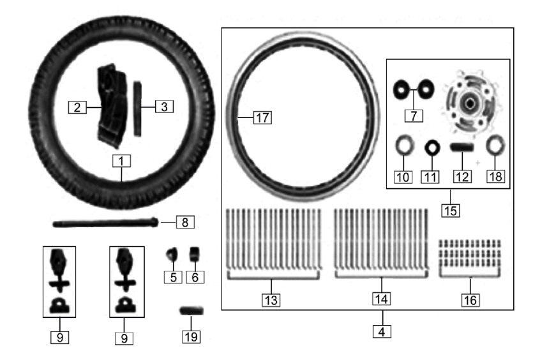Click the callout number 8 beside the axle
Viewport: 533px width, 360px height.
pos(185,222)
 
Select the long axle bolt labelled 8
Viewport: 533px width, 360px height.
pos(105,223)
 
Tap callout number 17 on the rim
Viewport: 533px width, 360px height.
pos(262,117)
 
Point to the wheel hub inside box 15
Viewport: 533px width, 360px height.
pos(469,101)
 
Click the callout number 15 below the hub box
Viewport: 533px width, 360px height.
pos(451,211)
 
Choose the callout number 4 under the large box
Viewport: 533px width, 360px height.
pos(382,332)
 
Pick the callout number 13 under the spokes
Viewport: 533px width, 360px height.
pos(271,300)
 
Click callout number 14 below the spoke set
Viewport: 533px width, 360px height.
pos(381,299)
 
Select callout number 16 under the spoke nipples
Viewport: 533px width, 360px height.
pos(470,300)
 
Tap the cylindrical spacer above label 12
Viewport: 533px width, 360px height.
pos(462,147)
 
